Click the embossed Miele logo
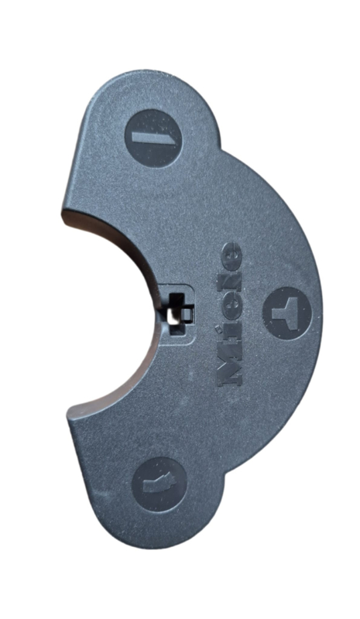[230, 313]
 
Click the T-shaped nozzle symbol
[286, 313]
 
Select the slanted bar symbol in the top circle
[154, 139]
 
